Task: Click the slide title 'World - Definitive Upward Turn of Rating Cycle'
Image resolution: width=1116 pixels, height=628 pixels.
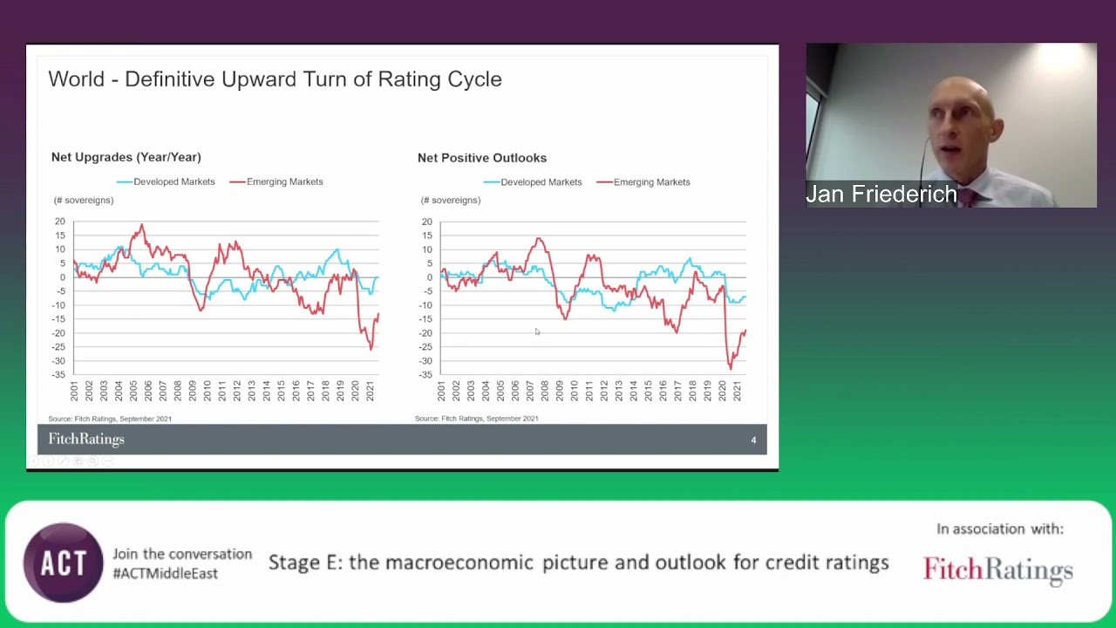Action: pos(275,79)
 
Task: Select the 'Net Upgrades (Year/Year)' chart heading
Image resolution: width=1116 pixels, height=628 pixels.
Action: pos(126,157)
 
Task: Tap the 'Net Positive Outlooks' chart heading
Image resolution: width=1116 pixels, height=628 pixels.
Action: pos(482,158)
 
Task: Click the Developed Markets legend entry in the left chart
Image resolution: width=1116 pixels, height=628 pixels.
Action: pos(166,181)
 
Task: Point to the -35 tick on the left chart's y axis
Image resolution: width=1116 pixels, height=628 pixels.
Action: pos(58,375)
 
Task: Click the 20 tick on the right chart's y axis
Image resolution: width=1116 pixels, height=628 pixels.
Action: pos(426,222)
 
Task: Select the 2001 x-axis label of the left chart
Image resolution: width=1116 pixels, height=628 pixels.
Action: pos(75,391)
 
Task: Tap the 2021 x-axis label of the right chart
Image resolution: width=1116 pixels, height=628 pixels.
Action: pos(738,391)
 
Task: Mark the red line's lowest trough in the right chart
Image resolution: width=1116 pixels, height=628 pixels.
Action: pos(731,368)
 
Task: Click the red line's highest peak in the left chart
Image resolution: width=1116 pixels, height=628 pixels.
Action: pos(141,225)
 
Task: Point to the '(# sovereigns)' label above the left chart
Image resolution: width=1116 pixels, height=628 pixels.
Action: pos(84,201)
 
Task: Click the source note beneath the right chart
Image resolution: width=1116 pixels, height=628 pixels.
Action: pos(476,419)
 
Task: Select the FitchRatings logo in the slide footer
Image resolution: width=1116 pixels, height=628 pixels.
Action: pos(86,440)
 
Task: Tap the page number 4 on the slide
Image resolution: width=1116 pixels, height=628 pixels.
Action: pos(753,440)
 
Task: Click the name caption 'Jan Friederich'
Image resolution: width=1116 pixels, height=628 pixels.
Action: pos(881,195)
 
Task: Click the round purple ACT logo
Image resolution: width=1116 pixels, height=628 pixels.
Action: pos(63,563)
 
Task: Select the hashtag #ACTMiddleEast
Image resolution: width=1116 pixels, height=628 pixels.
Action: pos(166,573)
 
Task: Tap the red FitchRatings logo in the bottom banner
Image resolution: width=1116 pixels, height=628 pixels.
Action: pos(997,570)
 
